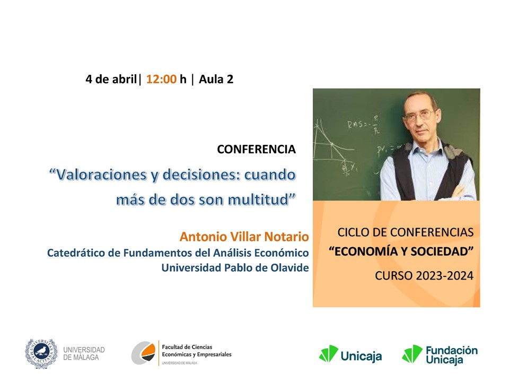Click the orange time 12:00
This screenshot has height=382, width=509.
(161, 79)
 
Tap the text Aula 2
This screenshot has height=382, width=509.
(216, 79)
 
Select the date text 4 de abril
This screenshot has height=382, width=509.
(111, 79)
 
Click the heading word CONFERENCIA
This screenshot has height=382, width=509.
(257, 149)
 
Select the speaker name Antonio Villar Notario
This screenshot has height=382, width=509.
(244, 237)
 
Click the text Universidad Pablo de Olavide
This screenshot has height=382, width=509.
(235, 267)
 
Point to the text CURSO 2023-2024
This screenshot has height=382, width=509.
(424, 276)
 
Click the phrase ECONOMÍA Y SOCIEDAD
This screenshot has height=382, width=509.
(401, 251)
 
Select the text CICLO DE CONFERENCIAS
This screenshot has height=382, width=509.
(406, 232)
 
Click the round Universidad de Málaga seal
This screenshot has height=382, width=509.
(41, 354)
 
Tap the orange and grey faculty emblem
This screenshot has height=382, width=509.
(144, 353)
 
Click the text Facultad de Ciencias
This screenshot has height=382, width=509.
(187, 347)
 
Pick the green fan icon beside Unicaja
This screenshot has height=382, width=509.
(329, 354)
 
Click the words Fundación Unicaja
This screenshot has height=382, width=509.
(452, 355)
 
